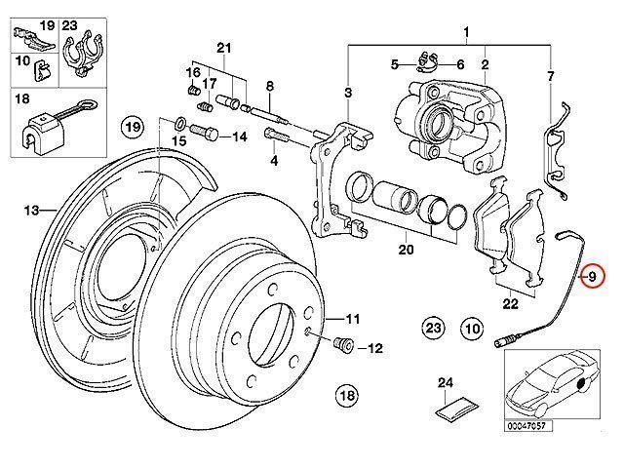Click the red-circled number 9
590,278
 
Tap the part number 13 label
30,210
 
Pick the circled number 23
434,329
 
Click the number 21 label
223,49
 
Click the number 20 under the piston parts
406,250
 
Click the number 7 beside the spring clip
550,76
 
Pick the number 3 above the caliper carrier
347,93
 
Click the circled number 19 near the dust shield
133,126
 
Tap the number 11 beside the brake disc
351,318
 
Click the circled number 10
472,329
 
